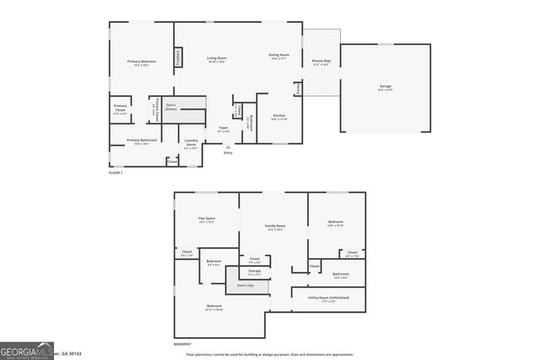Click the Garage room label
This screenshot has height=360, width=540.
(x=385, y=88)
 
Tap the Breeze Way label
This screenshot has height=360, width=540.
(x=321, y=62)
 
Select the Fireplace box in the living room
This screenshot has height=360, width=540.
(x=178, y=56)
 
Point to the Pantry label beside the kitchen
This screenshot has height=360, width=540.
(x=298, y=89)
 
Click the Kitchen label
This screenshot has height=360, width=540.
(x=278, y=118)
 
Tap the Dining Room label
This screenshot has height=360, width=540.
(x=279, y=56)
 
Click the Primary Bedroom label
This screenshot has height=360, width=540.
(x=142, y=62)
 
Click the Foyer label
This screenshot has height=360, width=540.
(x=224, y=130)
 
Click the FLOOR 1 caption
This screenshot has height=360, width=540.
(x=116, y=172)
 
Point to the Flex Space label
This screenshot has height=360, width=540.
(x=207, y=220)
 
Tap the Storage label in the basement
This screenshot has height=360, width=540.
(x=254, y=272)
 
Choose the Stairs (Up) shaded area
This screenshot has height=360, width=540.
(x=246, y=286)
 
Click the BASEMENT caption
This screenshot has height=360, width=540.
(x=182, y=344)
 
